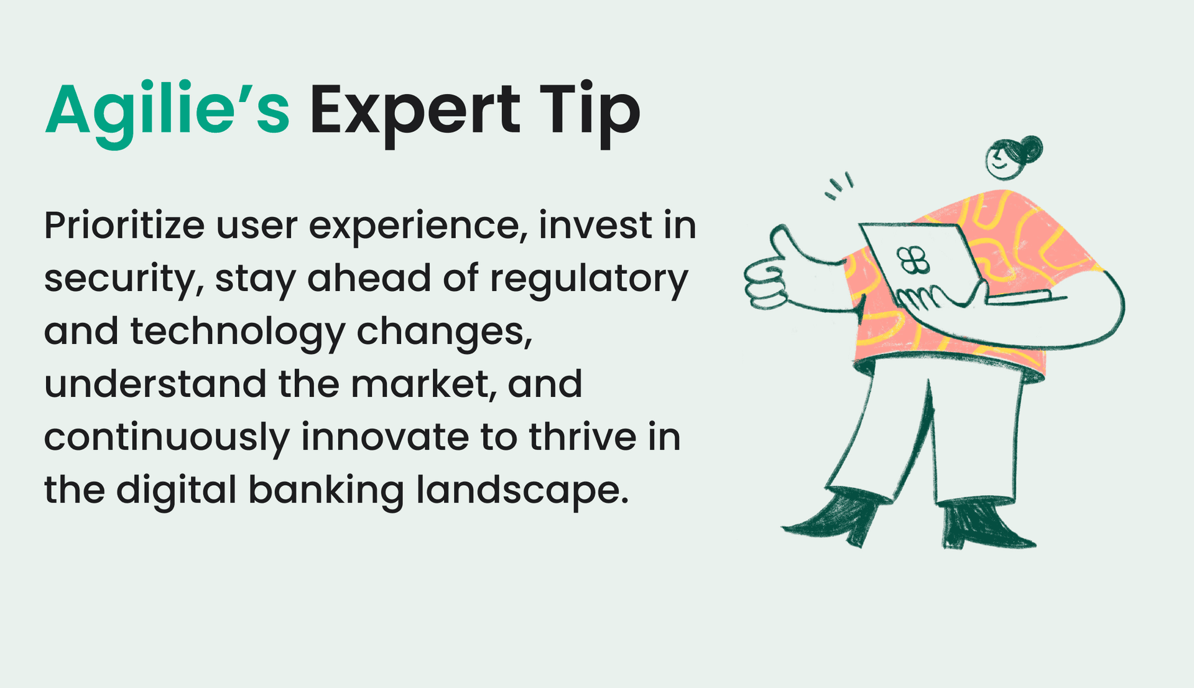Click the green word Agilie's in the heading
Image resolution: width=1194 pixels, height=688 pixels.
point(167,111)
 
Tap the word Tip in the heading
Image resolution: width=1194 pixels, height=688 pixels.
point(590,111)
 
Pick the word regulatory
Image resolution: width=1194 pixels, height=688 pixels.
point(589,279)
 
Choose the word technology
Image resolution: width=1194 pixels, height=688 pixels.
point(237,332)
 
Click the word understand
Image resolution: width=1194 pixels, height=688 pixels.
point(155,384)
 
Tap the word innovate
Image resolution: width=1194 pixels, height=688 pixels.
point(385,437)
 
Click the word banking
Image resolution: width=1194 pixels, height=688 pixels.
point(326,491)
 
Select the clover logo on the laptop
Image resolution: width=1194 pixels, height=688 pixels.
point(912,260)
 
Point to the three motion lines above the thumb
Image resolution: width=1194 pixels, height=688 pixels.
point(840,185)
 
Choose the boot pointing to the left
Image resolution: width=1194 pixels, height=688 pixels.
point(833,519)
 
